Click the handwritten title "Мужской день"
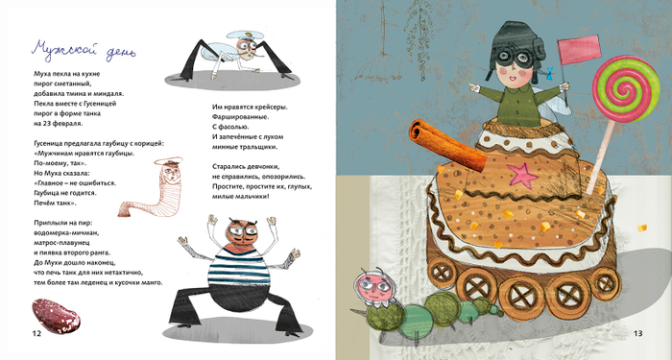click(x=84, y=50)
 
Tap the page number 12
click(x=36, y=333)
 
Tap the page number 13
click(x=637, y=333)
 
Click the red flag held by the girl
click(x=579, y=49)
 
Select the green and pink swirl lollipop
click(x=626, y=88)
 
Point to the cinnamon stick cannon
click(x=448, y=146)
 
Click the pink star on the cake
click(x=522, y=176)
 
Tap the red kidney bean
click(x=56, y=316)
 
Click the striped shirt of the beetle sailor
click(x=239, y=267)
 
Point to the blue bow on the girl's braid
click(x=549, y=72)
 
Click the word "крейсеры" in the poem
click(x=271, y=107)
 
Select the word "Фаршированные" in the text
click(x=240, y=116)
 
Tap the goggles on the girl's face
click(x=516, y=63)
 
